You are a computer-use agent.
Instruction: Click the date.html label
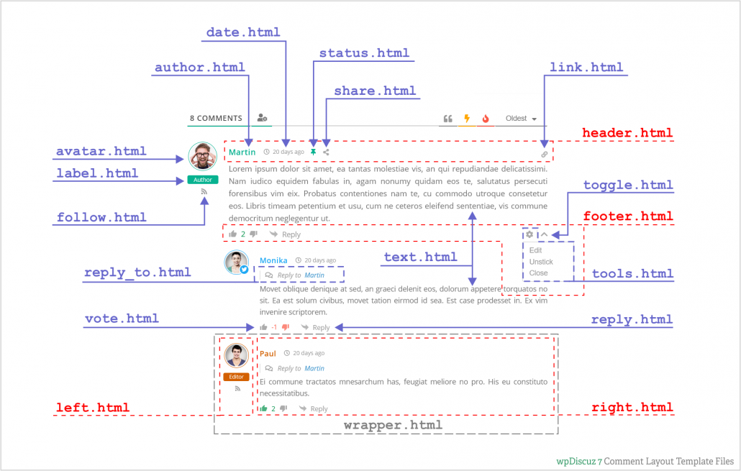243,32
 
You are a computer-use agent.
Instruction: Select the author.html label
200,68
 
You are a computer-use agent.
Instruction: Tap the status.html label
364,53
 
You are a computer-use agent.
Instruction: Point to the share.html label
375,91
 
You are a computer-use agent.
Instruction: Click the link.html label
586,68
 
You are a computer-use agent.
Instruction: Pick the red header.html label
627,133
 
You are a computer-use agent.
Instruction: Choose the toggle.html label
628,185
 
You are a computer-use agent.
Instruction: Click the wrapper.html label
392,425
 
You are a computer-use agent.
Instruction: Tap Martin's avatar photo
203,156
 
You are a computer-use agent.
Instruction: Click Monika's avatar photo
237,262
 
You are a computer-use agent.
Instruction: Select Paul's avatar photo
236,356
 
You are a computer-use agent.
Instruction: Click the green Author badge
203,180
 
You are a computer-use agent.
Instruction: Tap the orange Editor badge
236,377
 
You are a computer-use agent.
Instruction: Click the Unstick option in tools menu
541,262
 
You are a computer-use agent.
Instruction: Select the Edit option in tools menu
536,250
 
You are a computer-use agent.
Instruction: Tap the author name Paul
268,354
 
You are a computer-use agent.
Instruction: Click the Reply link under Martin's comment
291,234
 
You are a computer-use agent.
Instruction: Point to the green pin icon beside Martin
313,152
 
